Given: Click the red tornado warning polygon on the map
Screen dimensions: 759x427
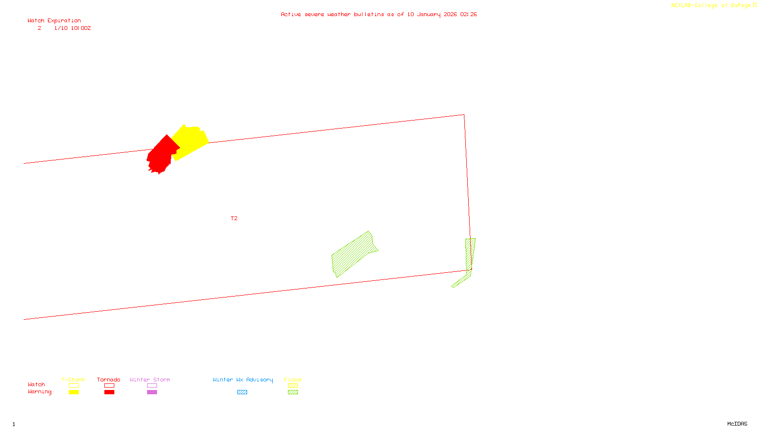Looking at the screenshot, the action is pyautogui.click(x=161, y=155).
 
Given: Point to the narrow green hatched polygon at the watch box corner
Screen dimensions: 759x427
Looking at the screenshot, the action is pyautogui.click(x=470, y=256).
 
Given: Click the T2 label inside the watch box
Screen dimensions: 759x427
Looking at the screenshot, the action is pyautogui.click(x=234, y=218).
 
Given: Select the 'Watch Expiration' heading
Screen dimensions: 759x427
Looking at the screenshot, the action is pyautogui.click(x=54, y=20).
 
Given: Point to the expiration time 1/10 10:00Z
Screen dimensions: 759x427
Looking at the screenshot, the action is pyautogui.click(x=72, y=28).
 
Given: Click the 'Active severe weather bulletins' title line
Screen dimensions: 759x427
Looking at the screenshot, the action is pyautogui.click(x=379, y=14).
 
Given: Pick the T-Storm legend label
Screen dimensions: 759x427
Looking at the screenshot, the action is pyautogui.click(x=73, y=380).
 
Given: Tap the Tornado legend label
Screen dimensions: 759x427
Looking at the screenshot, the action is pyautogui.click(x=109, y=380).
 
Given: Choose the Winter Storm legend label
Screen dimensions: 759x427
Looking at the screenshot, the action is pyautogui.click(x=150, y=380).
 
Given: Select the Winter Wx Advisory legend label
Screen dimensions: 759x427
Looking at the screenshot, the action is pyautogui.click(x=243, y=380).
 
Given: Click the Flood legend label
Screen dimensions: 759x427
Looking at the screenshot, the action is pyautogui.click(x=293, y=380).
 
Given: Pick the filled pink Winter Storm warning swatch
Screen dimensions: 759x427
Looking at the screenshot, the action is pyautogui.click(x=152, y=392).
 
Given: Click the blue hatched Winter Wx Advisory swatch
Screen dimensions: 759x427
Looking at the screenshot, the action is pyautogui.click(x=242, y=392).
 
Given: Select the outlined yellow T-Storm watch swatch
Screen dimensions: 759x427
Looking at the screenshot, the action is pyautogui.click(x=74, y=385).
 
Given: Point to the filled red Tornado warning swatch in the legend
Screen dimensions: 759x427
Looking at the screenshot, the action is pyautogui.click(x=109, y=392).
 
